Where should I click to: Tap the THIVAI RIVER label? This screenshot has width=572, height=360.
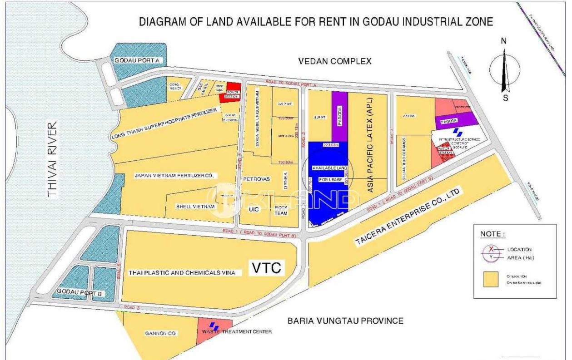[x=54, y=159]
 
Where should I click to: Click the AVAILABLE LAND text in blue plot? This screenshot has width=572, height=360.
[x=329, y=168]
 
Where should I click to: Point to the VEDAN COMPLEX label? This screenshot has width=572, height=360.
[x=335, y=61]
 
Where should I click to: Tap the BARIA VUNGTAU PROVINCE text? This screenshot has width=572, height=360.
[x=345, y=321]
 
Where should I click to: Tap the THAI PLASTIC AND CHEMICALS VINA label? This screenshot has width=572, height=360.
[x=182, y=273]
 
